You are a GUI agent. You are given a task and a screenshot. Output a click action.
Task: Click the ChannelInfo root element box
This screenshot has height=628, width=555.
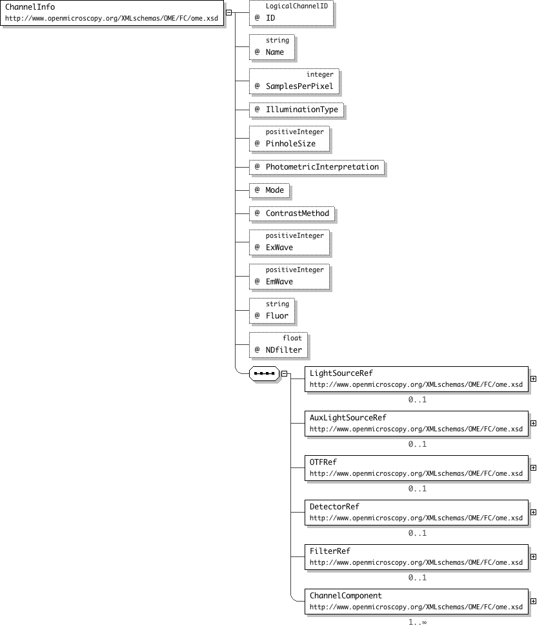(x=112, y=12)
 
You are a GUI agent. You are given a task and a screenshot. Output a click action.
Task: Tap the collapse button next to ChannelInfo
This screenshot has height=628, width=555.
(x=228, y=12)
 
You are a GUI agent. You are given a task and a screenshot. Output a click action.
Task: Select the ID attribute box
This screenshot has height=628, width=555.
(x=291, y=13)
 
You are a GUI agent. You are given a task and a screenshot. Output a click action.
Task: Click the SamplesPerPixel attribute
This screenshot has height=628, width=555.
(x=294, y=81)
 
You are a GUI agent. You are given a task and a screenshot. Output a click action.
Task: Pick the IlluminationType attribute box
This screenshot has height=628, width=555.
(x=296, y=110)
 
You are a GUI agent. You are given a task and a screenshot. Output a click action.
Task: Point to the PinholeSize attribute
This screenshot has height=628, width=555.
(x=289, y=139)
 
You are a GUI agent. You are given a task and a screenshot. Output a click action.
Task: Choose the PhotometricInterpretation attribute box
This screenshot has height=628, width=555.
(x=317, y=167)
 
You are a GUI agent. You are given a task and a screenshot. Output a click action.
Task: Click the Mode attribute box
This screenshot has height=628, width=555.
(x=269, y=190)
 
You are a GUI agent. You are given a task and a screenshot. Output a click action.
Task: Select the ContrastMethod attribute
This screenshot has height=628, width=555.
(x=292, y=213)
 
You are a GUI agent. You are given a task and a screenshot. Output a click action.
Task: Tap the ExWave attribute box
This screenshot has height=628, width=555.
(x=289, y=242)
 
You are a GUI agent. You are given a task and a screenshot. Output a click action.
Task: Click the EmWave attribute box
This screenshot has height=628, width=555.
(x=289, y=277)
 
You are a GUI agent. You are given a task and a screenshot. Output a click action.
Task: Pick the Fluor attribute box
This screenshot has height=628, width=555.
(x=272, y=311)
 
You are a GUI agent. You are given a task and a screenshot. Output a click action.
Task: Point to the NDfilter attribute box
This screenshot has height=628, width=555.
(x=278, y=345)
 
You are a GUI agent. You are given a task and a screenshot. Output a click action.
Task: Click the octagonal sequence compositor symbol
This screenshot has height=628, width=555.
(x=264, y=374)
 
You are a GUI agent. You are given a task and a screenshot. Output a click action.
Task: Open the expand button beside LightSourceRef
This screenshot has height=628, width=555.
(x=533, y=378)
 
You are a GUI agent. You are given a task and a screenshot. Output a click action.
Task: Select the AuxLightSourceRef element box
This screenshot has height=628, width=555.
(x=416, y=424)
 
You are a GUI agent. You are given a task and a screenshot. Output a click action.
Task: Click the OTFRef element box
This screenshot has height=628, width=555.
(x=416, y=468)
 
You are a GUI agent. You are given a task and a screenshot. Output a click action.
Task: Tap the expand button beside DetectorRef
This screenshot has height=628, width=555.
(x=533, y=512)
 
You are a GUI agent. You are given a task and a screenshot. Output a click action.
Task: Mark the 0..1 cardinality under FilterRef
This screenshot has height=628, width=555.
(x=418, y=578)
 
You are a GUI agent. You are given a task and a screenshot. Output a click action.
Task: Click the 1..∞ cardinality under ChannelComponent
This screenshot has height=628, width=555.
(x=418, y=622)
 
